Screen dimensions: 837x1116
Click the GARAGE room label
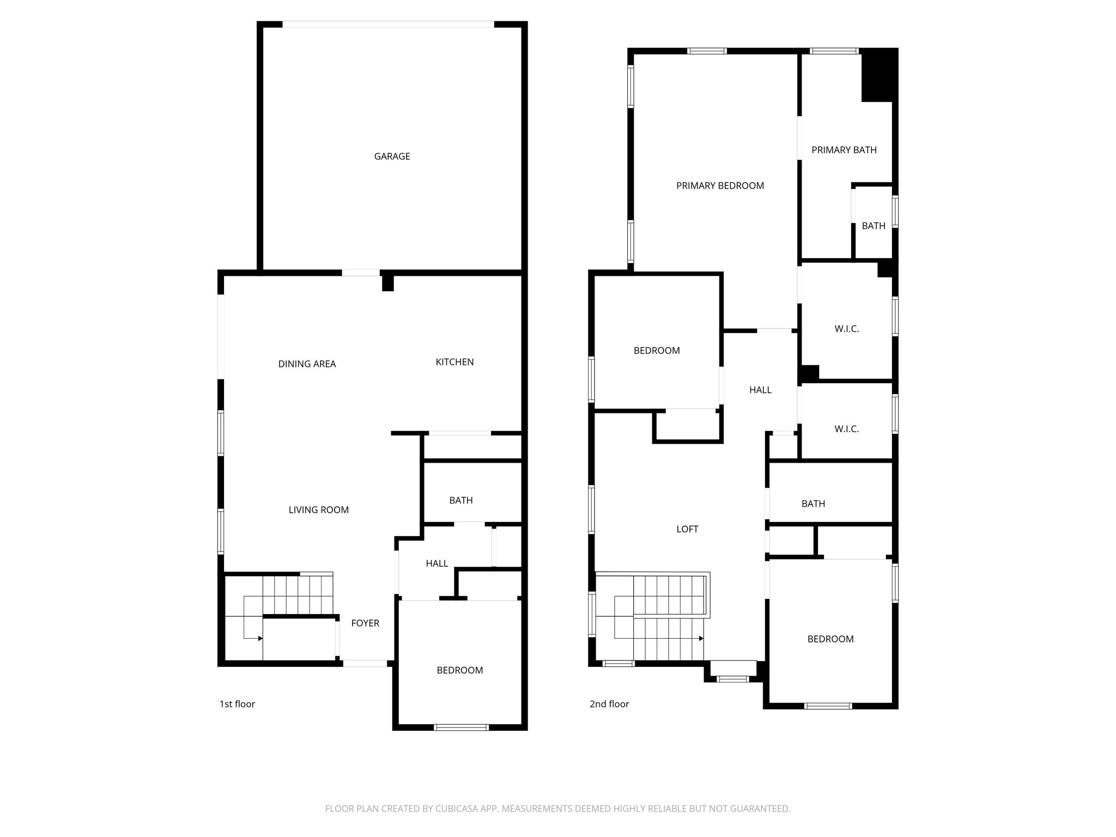point(392,156)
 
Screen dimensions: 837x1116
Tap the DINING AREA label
point(307,364)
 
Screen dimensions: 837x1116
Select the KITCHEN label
point(454,362)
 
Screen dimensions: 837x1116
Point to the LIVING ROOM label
point(318,510)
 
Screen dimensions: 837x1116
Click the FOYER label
point(365,623)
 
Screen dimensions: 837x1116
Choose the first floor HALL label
point(437,563)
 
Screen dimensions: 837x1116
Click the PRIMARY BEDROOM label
point(720,186)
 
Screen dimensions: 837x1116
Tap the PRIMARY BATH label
point(844,150)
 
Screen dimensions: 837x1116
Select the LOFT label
point(687,529)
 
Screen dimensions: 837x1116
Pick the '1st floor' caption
point(237,704)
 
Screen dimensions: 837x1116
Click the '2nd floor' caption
point(609,704)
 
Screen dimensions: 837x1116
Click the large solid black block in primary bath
point(878,75)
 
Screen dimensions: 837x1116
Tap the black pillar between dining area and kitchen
point(387,283)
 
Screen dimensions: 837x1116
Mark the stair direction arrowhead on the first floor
point(260,638)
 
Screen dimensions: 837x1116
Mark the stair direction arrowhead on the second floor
point(701,638)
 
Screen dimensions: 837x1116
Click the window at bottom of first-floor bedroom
point(461,727)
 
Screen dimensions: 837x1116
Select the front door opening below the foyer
point(365,663)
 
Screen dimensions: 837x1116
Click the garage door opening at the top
point(388,25)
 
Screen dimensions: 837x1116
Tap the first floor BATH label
point(461,500)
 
